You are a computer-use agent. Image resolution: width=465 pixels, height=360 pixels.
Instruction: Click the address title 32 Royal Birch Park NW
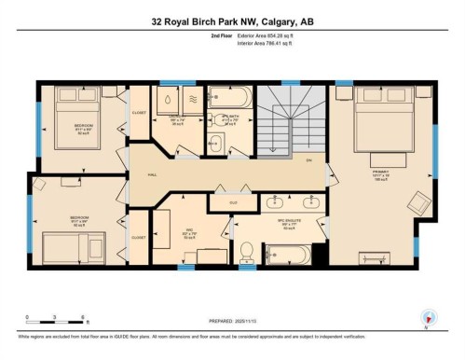click(x=233, y=21)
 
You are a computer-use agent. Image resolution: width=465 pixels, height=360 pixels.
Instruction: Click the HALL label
click(x=151, y=175)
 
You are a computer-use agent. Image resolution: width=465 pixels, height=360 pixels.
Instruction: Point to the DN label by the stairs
click(x=309, y=160)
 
